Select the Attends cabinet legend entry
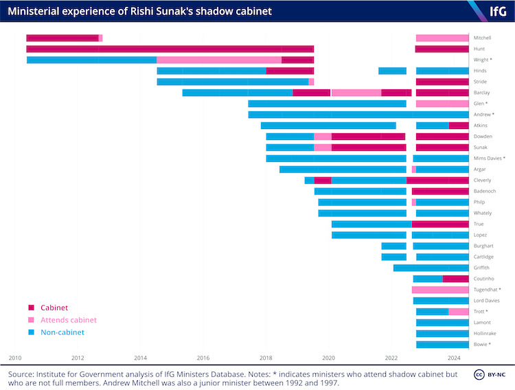coord(68,320)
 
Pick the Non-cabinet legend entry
coord(61,332)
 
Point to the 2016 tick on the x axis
coord(203,358)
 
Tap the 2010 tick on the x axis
coord(15,358)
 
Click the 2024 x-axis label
coord(454,358)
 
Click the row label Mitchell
coord(483,38)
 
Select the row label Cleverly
coord(483,180)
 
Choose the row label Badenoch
coord(483,191)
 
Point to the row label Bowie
coord(482,344)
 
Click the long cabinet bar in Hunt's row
coord(170,49)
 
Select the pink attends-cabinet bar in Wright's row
coord(219,60)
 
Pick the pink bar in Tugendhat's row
coord(440,290)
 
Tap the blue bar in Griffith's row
coord(431,268)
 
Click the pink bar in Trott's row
coord(459,312)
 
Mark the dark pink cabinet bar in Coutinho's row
coord(456,279)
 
